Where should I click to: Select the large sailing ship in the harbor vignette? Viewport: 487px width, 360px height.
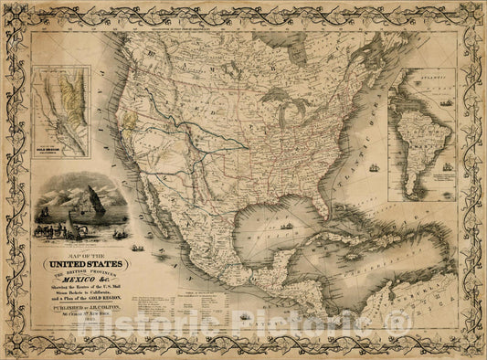coord(94,201)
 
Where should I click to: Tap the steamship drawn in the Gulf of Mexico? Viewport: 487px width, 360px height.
coord(287,225)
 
